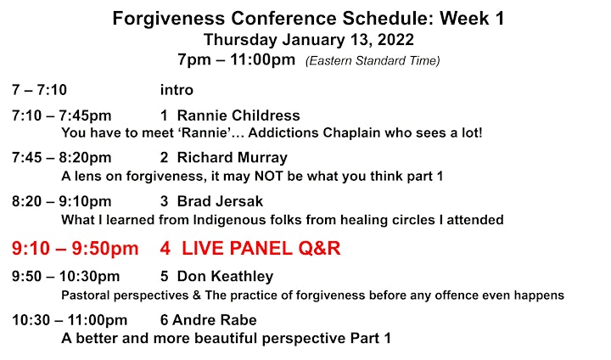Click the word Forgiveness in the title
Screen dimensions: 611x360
(x=169, y=19)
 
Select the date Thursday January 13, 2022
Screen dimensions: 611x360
(x=309, y=40)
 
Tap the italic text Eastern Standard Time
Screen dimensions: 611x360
(x=373, y=61)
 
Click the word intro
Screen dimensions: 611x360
(x=177, y=90)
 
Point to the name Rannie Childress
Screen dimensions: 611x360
(x=238, y=115)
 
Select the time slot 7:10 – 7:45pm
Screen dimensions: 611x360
(x=62, y=115)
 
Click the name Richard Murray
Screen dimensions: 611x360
(x=233, y=158)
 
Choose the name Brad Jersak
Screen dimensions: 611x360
(x=220, y=201)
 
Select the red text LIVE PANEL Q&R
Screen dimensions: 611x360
(x=261, y=249)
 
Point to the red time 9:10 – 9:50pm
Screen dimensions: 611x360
(x=76, y=249)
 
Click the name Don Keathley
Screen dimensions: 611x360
(x=225, y=277)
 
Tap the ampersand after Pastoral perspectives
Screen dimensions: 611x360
(x=197, y=295)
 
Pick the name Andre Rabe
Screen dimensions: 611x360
(x=215, y=320)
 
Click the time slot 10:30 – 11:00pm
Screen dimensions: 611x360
(x=70, y=320)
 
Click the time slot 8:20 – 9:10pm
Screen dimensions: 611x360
(x=62, y=201)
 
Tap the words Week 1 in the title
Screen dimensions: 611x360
(x=472, y=19)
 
